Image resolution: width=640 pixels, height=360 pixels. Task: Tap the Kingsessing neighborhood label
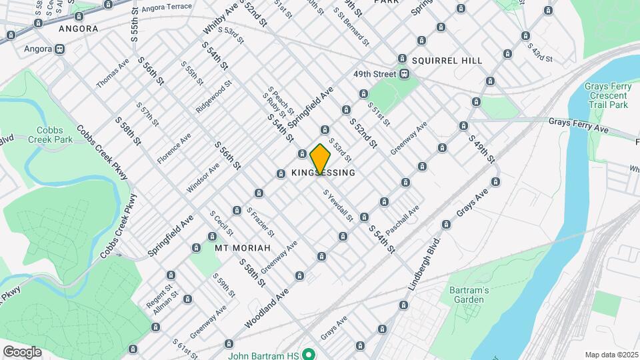[x=323, y=173]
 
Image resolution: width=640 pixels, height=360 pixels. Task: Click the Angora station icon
[x=60, y=49]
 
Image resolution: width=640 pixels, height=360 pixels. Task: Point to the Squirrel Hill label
[x=447, y=61]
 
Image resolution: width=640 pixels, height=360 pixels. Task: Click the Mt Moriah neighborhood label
[x=243, y=247]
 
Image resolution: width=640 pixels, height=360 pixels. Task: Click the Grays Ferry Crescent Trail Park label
[x=606, y=95]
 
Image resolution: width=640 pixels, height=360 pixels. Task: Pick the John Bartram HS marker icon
[x=309, y=354]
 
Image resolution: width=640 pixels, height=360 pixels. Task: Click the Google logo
[x=22, y=351]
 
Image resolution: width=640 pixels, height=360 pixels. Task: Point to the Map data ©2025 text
[x=611, y=355]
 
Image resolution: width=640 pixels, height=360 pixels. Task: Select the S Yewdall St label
[x=338, y=205]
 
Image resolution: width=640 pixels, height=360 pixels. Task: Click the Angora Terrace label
[x=164, y=7]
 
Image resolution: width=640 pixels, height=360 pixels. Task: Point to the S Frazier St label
[x=260, y=222]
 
